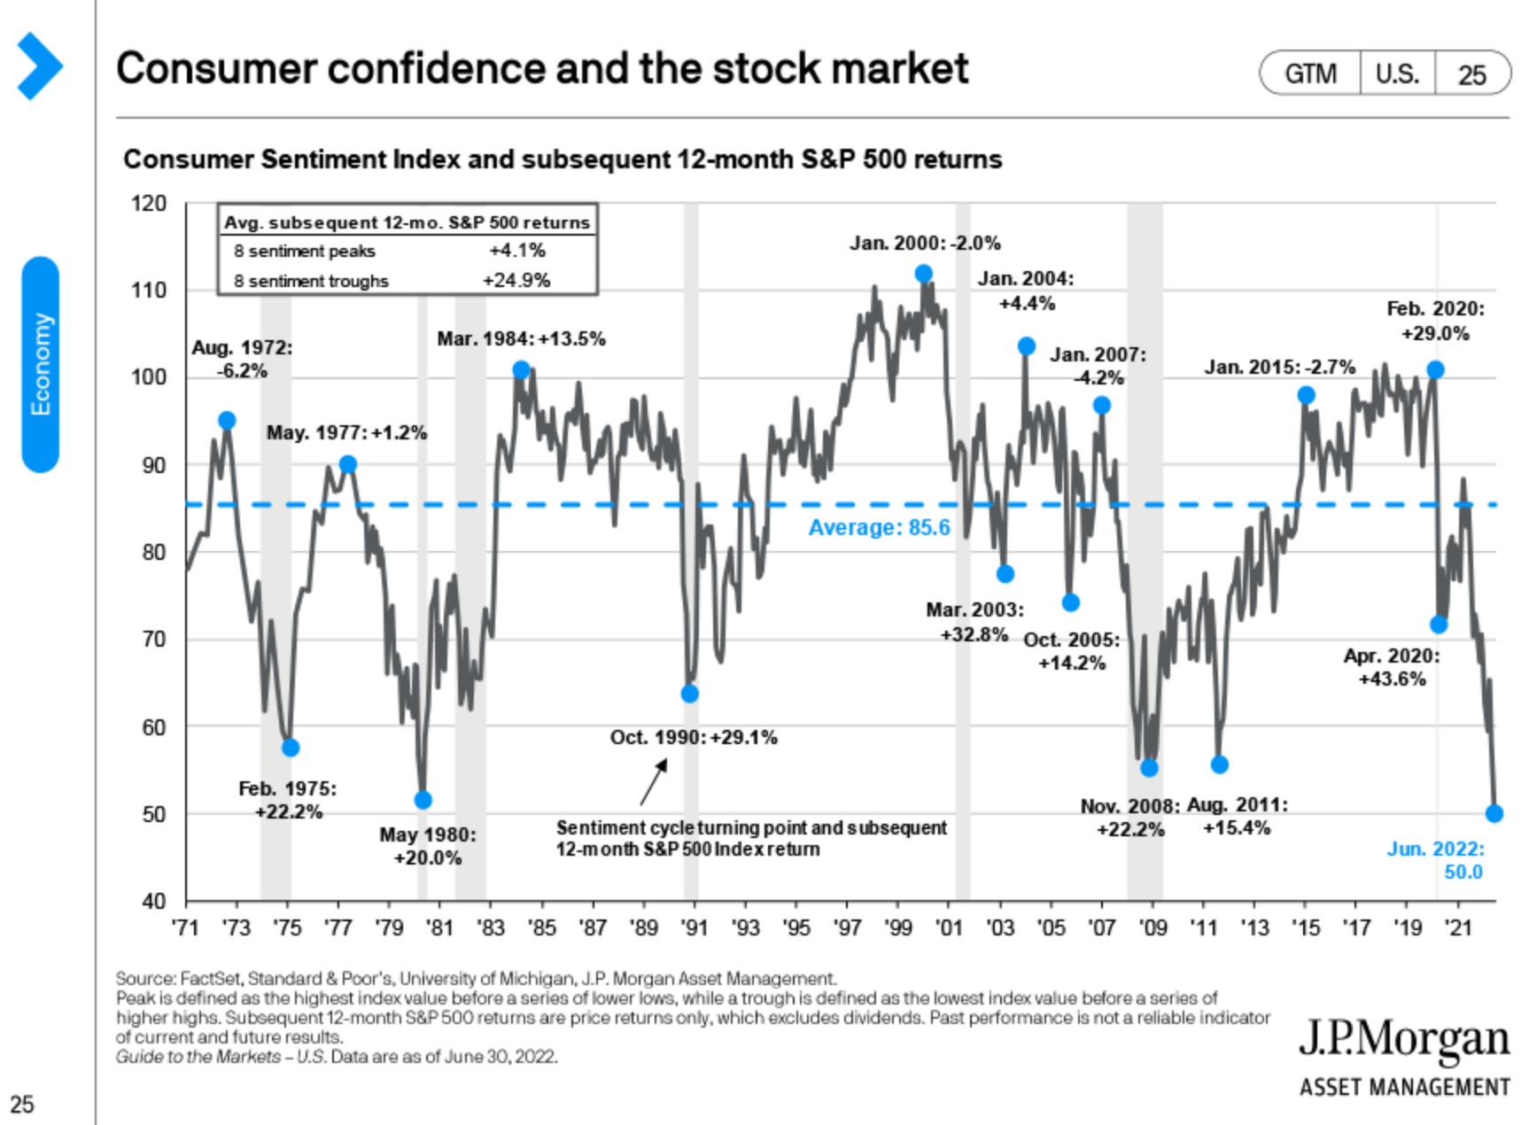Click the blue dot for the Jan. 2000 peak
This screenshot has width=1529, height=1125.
(923, 274)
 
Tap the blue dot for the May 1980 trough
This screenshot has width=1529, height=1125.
(423, 800)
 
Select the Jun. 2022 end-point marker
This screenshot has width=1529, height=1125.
(1494, 813)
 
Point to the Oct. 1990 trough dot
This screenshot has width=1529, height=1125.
(689, 694)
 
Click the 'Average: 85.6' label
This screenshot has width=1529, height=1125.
(879, 528)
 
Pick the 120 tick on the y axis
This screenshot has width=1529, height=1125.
(149, 204)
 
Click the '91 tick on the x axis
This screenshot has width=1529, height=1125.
(694, 927)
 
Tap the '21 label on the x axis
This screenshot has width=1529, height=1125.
(1458, 927)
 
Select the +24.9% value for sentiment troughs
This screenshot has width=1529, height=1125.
(516, 281)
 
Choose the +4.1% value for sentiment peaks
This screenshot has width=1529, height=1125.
(517, 251)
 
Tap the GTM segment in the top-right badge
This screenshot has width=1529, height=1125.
(1310, 74)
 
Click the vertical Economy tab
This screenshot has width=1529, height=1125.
(41, 364)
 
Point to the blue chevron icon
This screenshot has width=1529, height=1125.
(39, 66)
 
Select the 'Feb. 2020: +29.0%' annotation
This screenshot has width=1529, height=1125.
(1435, 321)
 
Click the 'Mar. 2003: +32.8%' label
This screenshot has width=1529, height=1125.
(974, 622)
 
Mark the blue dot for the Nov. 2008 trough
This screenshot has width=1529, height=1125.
(1149, 768)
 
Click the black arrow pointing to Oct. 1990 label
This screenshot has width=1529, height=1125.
(654, 782)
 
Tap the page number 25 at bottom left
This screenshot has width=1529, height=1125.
(22, 1104)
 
